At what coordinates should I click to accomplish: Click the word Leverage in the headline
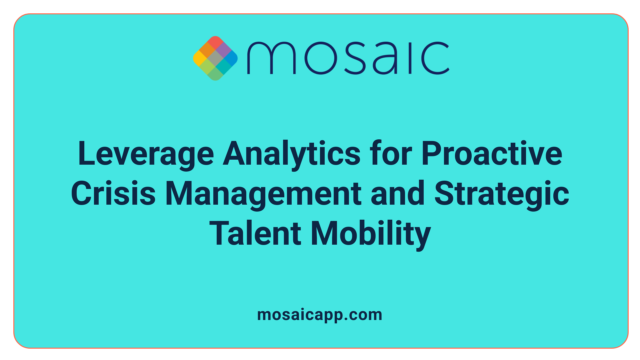[146, 154]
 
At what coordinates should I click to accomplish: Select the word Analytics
[292, 154]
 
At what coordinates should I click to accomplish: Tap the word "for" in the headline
[391, 154]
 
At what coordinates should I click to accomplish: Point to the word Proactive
[492, 154]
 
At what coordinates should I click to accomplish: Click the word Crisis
[113, 194]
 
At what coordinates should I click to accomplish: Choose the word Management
[263, 194]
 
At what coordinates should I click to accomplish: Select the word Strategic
[502, 194]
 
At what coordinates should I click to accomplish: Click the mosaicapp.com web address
[320, 315]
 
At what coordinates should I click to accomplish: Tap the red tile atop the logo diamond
[215, 42]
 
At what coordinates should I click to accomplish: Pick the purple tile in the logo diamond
[223, 50]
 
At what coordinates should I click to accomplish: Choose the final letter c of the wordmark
[435, 58]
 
